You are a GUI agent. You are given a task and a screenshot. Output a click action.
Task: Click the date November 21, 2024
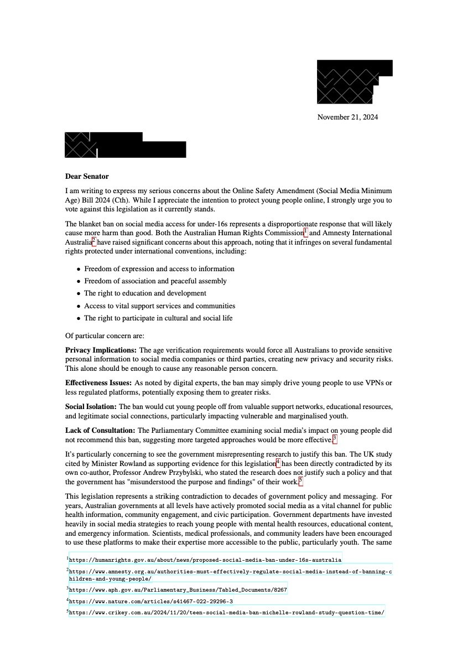pos(347,117)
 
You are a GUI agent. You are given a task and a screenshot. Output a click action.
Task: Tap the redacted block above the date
pos(354,81)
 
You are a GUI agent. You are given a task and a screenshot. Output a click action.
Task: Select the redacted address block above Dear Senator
pos(125,145)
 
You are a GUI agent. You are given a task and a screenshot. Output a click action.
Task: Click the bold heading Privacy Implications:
pos(101,350)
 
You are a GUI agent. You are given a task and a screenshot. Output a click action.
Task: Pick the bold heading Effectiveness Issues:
pos(98,383)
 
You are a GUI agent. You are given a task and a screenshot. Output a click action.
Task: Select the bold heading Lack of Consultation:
pos(100,430)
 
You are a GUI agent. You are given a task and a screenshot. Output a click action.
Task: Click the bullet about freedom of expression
pos(159,269)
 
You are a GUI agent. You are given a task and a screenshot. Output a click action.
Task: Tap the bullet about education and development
pos(145,293)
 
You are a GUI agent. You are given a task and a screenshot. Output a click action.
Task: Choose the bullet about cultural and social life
pos(158,318)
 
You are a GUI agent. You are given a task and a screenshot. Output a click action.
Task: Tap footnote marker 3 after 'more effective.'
pos(335,439)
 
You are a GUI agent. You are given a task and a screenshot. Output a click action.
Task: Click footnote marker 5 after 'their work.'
pos(301,482)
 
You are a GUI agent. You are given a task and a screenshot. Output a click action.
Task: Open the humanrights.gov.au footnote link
pos(205,560)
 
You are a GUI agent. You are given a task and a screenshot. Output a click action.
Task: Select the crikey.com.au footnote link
pos(226,613)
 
